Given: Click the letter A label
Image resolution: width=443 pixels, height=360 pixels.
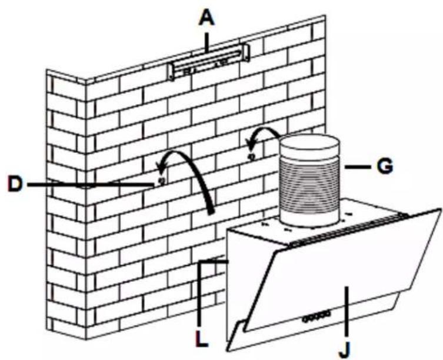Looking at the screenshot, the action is point(206,19).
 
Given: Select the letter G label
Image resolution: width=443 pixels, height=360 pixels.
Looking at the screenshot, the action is point(385,166).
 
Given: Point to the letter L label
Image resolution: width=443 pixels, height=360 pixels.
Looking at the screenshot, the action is point(202,338).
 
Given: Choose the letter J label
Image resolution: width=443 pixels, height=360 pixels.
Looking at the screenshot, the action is point(345,351).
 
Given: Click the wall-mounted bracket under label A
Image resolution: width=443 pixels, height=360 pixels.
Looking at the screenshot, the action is point(209,62).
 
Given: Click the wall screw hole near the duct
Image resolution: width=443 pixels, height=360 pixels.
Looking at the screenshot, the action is point(251,156).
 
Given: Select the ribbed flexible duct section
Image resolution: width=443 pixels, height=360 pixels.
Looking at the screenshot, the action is point(309,184).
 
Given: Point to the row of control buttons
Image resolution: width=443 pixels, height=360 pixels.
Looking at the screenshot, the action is point(316,316).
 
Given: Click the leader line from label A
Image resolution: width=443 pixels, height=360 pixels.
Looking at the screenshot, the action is point(207,43).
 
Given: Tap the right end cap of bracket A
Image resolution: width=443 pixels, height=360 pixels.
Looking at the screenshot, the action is point(245,52).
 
